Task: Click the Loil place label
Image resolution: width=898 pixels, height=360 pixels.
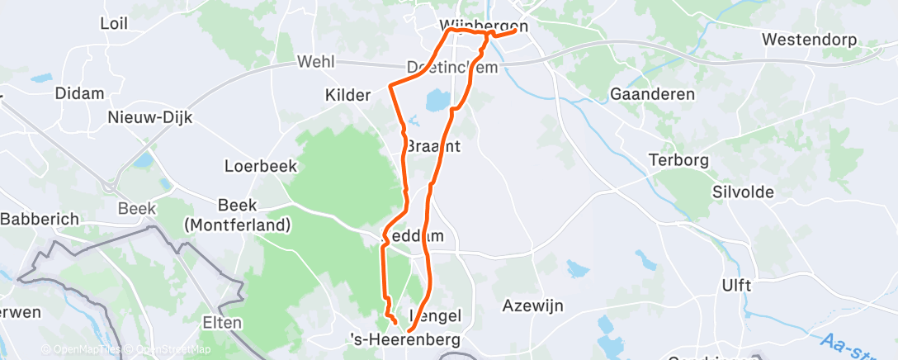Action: pos(113,23)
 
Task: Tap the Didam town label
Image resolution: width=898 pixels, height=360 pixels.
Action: pos(78,93)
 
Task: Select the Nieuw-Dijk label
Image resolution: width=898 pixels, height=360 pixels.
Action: pos(150,118)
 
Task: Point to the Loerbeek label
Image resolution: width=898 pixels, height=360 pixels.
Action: pos(260,166)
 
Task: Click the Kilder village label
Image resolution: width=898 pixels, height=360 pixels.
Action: pos(347,96)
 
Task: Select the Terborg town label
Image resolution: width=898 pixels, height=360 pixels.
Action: pos(678,160)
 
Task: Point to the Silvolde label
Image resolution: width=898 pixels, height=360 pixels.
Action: pos(742,192)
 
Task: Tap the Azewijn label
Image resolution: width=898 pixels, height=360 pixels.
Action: pos(532,306)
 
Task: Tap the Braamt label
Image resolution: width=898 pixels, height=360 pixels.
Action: pos(432,145)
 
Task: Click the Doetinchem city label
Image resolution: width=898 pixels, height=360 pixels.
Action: pos(452,67)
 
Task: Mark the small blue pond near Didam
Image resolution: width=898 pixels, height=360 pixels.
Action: pos(41,80)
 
